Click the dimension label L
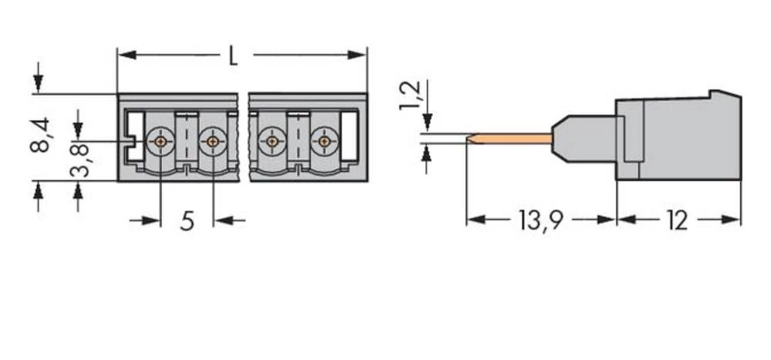pyautogui.click(x=233, y=56)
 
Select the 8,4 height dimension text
pyautogui.click(x=41, y=135)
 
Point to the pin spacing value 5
pyautogui.click(x=187, y=221)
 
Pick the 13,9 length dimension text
pyautogui.click(x=540, y=221)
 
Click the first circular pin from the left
pyautogui.click(x=160, y=142)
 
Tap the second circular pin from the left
pyautogui.click(x=212, y=142)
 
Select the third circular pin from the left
pyautogui.click(x=271, y=142)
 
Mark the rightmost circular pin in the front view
pyautogui.click(x=325, y=142)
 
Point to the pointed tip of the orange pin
pyautogui.click(x=470, y=140)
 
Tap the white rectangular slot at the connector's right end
pyautogui.click(x=349, y=136)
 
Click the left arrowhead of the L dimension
pyautogui.click(x=123, y=56)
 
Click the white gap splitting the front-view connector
pyautogui.click(x=243, y=137)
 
